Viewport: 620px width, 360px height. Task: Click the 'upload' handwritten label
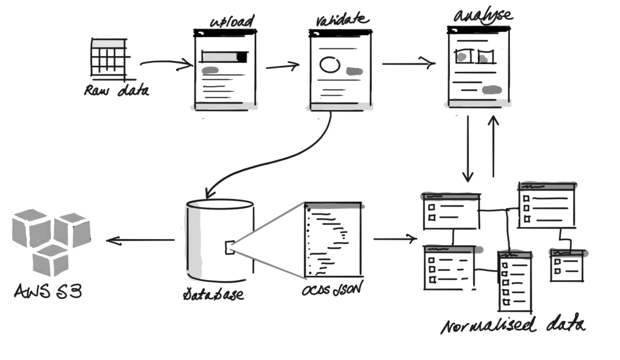click(232, 21)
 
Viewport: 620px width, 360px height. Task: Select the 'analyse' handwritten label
click(483, 16)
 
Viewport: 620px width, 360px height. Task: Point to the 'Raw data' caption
click(117, 91)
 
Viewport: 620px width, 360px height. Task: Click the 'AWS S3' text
click(48, 291)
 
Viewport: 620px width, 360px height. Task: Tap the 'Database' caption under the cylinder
click(213, 294)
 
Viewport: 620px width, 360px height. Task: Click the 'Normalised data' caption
click(513, 325)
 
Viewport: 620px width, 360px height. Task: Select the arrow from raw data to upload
click(166, 63)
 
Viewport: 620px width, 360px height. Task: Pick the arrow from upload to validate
click(282, 66)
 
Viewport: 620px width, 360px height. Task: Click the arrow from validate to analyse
click(409, 63)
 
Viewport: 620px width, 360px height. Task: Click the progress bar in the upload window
click(224, 57)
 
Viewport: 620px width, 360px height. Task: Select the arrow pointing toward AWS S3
click(140, 240)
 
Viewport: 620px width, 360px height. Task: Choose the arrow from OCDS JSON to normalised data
click(395, 238)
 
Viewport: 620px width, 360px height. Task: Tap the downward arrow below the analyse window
click(468, 149)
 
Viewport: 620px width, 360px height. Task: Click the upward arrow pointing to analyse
click(493, 146)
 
